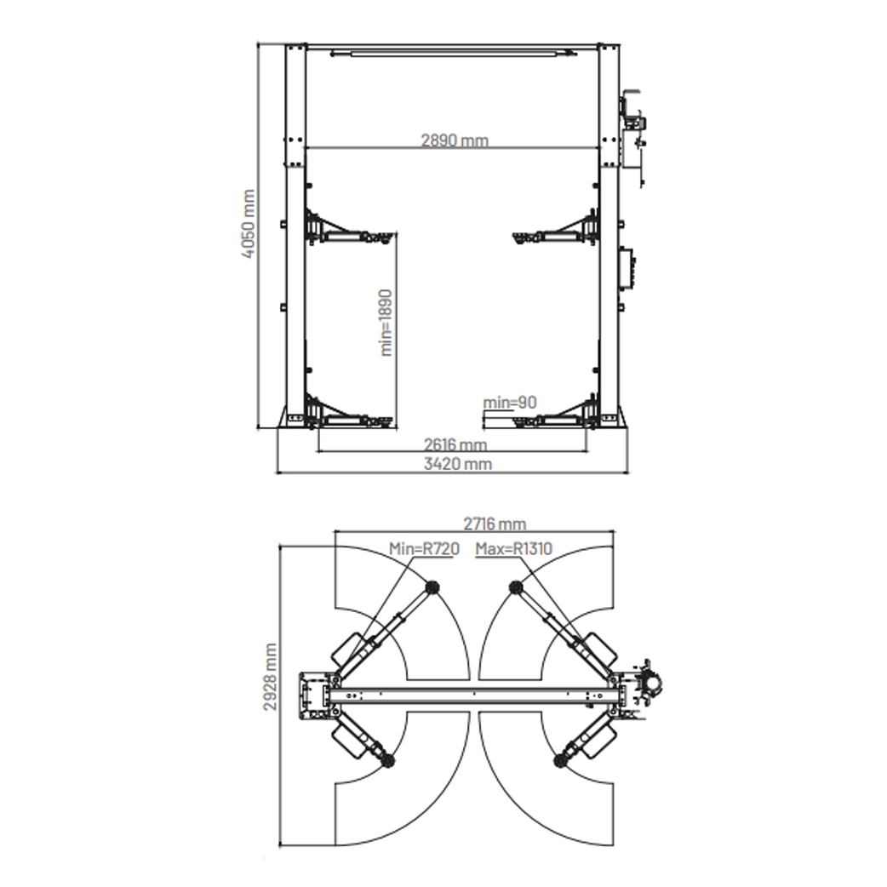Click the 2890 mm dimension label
455,140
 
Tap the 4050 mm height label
248,224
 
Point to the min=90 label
510,402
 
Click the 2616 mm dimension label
455,444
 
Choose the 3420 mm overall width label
458,464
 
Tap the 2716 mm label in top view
495,524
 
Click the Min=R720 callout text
424,548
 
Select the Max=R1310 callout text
513,548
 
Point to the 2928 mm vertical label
271,677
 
